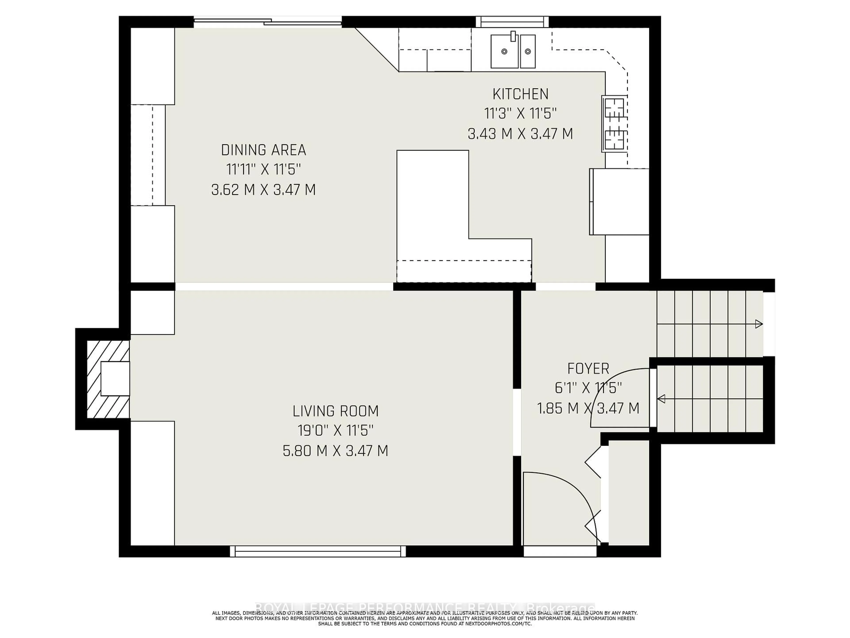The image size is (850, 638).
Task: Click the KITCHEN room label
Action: coord(520,94)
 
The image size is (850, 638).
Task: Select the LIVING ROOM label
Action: coord(336,411)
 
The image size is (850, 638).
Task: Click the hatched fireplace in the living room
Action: coord(108,379)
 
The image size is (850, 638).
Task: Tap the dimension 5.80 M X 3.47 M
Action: coord(336,451)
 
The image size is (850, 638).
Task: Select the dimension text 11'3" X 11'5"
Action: coord(520,114)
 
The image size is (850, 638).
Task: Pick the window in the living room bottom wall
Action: coord(318,551)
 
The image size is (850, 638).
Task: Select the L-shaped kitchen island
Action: coord(442,215)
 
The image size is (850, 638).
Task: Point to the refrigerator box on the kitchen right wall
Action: coord(619,202)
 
